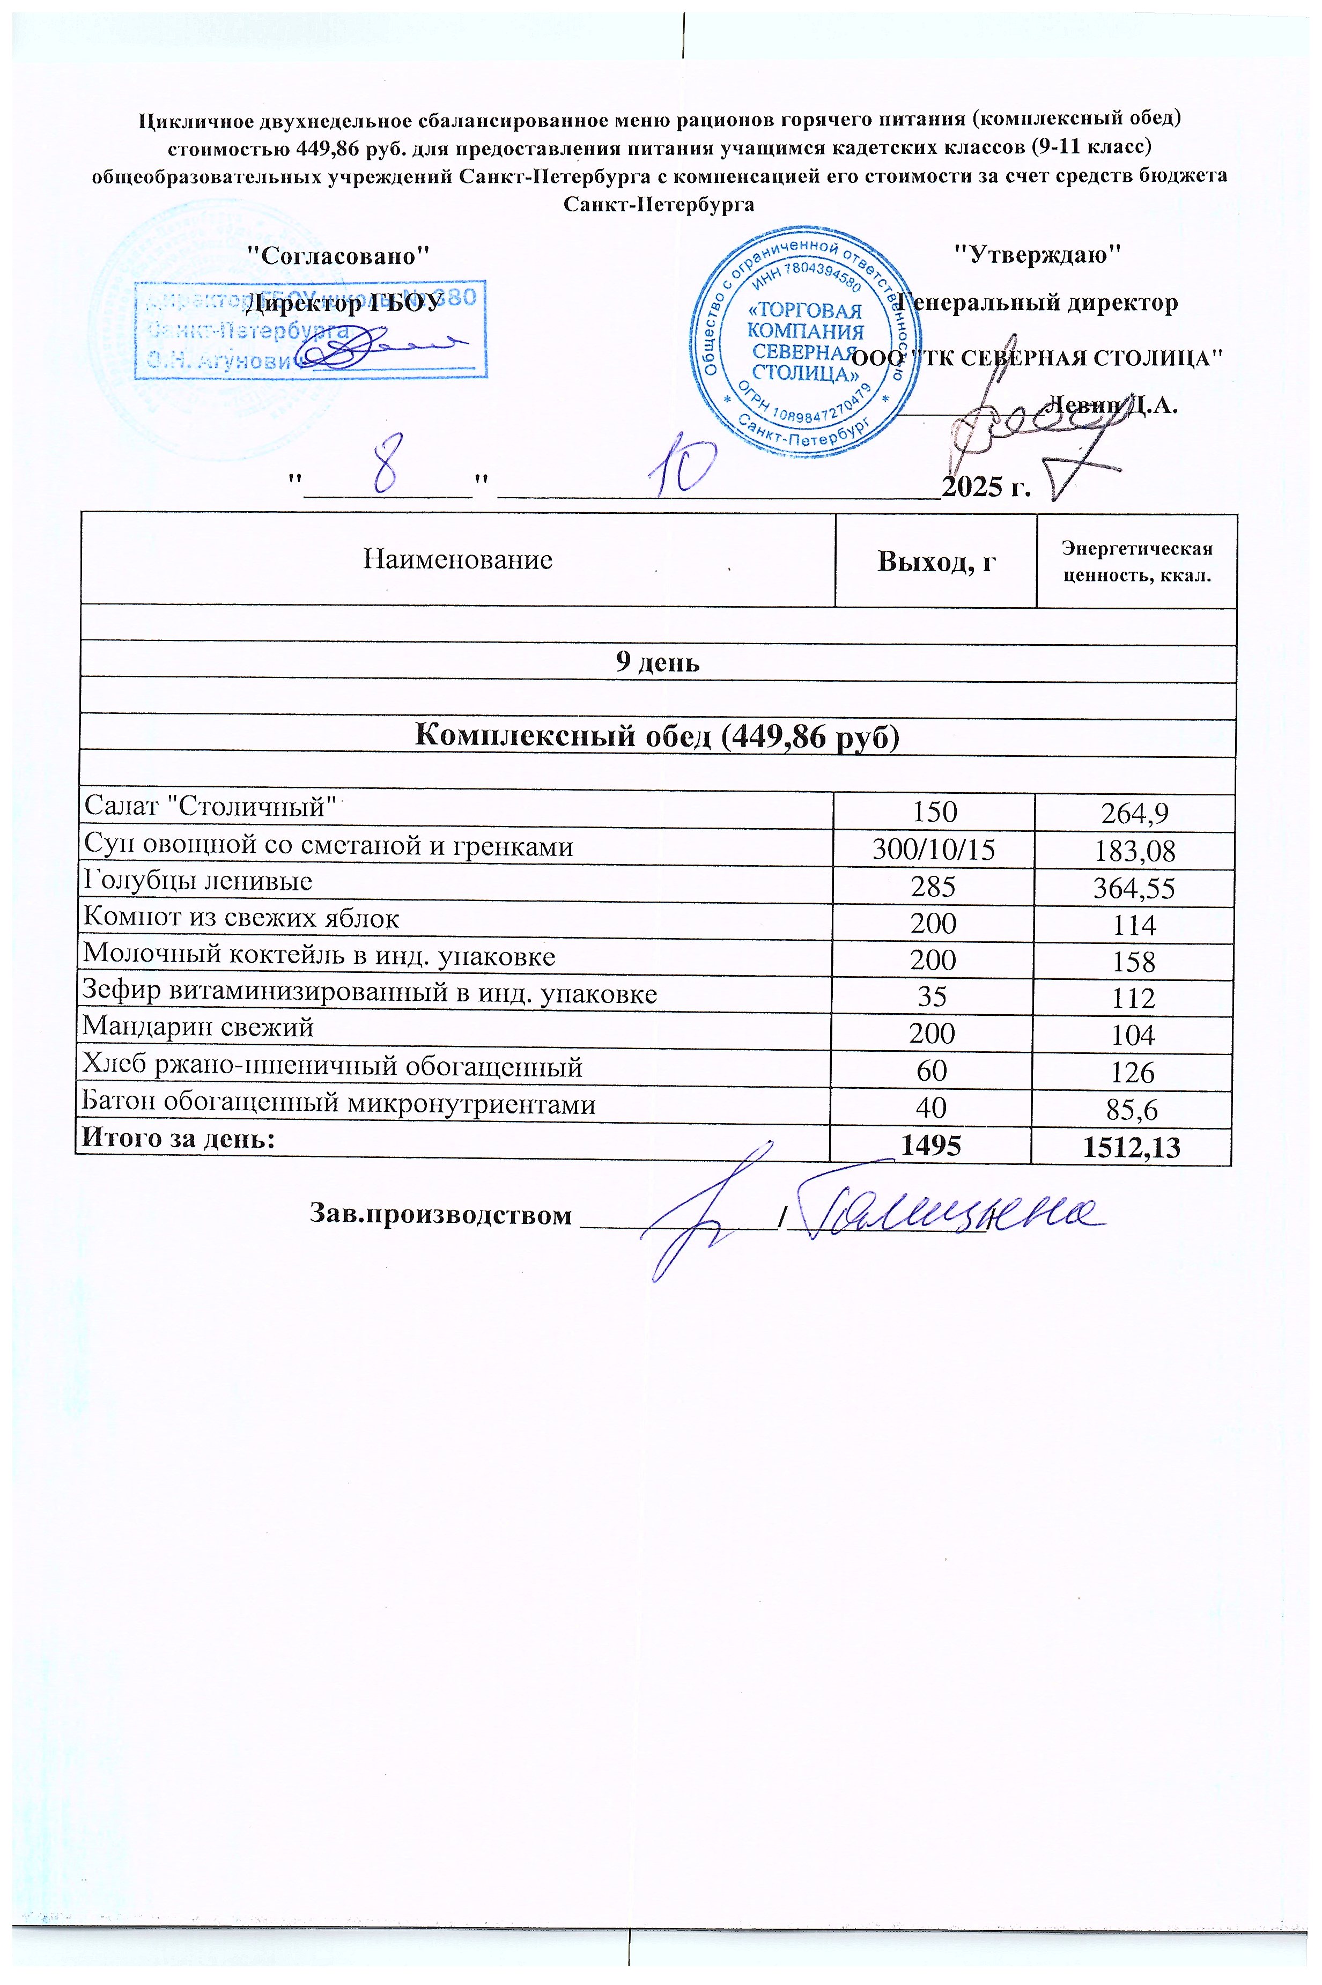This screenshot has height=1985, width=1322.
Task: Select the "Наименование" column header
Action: tap(458, 559)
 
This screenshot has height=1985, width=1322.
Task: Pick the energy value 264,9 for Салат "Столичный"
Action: tap(1133, 814)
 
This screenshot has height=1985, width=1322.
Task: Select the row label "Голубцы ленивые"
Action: tap(197, 882)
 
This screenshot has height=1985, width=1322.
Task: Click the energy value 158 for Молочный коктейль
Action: tap(1133, 961)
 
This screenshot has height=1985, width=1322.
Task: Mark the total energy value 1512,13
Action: tap(1133, 1147)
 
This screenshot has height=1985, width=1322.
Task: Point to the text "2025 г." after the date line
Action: tap(986, 488)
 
